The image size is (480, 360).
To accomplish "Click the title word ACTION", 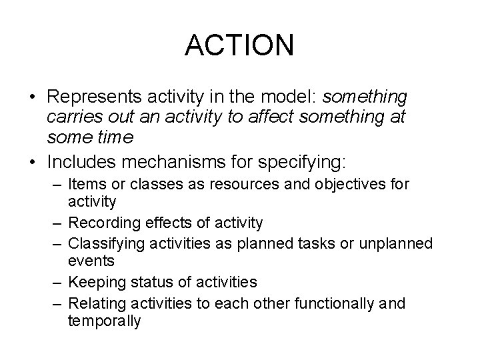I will click(239, 45).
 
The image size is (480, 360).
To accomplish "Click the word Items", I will click(85, 183).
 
